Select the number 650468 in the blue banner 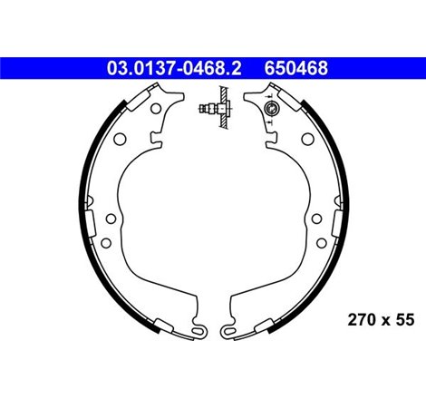tap(295, 67)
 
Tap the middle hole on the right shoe tap(317, 219)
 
